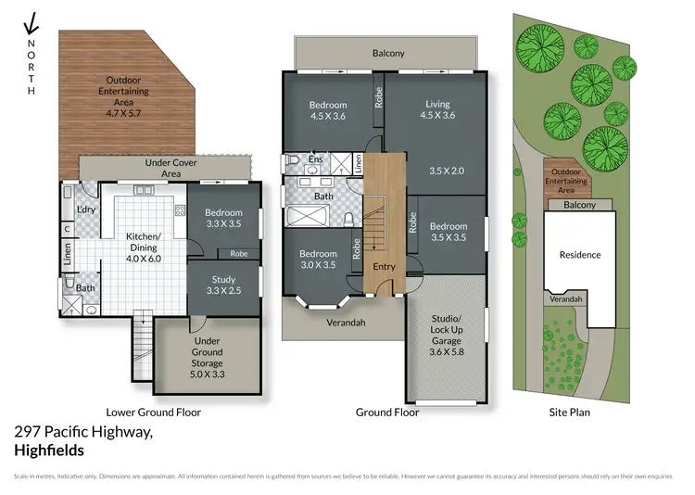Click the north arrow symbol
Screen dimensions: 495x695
[31, 22]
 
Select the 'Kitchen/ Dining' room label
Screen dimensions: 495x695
[144, 242]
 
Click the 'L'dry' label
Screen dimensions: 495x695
[86, 209]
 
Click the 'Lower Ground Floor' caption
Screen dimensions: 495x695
[153, 412]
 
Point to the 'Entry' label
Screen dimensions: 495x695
[384, 267]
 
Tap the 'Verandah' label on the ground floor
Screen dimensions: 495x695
[345, 323]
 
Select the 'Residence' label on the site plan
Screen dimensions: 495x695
[580, 255]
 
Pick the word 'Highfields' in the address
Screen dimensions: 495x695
[49, 451]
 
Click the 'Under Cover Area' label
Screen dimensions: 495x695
[163, 168]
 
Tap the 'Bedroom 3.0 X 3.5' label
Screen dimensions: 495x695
[317, 259]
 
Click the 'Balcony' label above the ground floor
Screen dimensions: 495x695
[388, 53]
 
